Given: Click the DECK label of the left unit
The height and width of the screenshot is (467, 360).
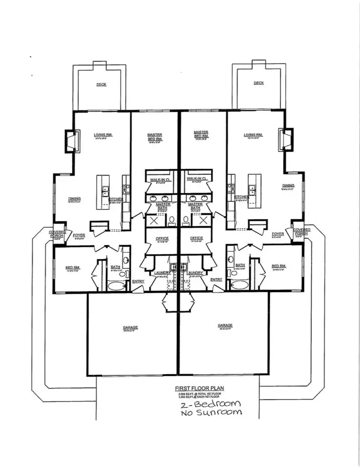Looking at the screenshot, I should (x=101, y=84).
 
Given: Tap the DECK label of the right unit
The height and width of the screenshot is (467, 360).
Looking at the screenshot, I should (x=259, y=83).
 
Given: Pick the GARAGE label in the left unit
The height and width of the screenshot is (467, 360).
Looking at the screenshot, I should (x=130, y=327).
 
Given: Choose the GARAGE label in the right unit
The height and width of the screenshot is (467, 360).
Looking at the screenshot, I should (x=225, y=326).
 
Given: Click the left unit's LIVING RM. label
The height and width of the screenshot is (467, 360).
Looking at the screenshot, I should (x=103, y=135).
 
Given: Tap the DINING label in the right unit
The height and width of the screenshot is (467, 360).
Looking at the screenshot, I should (x=288, y=186).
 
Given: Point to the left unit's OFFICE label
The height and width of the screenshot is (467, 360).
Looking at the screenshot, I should (x=162, y=239).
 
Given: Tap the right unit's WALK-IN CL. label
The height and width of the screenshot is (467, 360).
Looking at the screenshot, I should (x=197, y=178).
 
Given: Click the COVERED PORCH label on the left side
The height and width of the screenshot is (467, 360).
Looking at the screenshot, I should (x=57, y=233).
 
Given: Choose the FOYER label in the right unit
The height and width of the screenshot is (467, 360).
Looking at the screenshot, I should (x=278, y=234).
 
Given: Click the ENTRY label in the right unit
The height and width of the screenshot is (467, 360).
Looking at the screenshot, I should (x=216, y=280).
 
